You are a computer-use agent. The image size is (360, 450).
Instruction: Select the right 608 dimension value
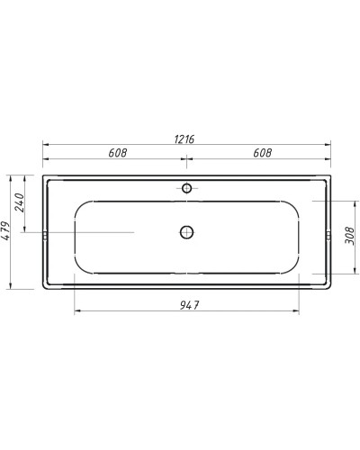[x=261, y=152]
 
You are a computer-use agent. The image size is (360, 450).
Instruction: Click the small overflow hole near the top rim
[x=186, y=188]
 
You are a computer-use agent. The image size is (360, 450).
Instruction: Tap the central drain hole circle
[x=186, y=231]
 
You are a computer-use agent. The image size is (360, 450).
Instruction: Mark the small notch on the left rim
[x=44, y=237]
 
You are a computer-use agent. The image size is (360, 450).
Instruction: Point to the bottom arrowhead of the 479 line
[x=9, y=287]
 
